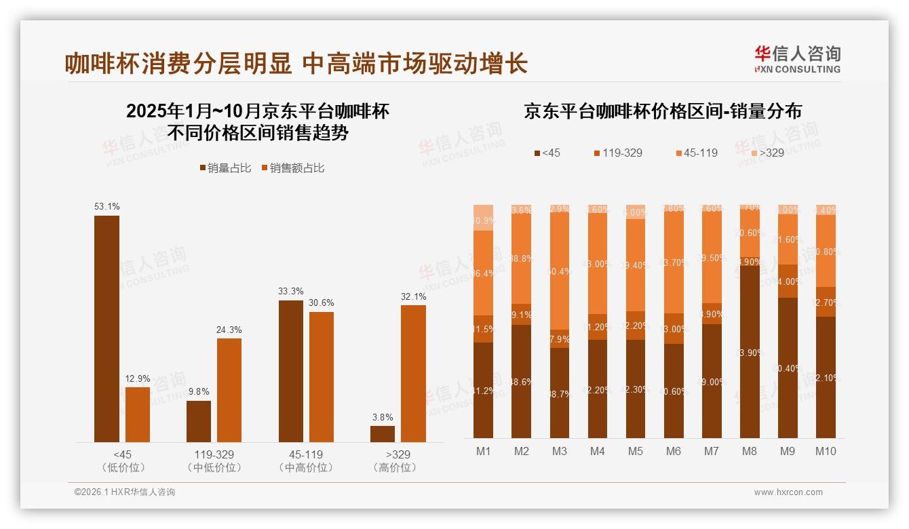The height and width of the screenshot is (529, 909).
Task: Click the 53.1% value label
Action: [107, 206]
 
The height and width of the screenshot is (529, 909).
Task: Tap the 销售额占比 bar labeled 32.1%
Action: [413, 374]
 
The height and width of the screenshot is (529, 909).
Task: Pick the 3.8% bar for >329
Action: [383, 434]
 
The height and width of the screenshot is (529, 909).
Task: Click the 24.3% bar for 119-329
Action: [229, 390]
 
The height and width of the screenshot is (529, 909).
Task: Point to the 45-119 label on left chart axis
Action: [306, 454]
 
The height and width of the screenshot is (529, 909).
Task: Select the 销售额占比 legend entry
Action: [292, 168]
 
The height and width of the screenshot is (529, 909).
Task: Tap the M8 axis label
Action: [750, 452]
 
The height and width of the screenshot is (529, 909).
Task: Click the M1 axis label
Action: [483, 452]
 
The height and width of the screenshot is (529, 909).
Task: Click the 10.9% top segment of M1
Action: [483, 218]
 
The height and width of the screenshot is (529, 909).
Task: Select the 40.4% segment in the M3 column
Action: [560, 271]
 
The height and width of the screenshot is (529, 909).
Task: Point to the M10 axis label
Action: [826, 452]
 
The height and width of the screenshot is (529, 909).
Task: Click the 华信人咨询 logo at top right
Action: [797, 59]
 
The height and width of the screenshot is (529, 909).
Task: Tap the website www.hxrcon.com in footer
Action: [788, 492]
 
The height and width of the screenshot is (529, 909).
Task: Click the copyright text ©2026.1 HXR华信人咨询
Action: [124, 492]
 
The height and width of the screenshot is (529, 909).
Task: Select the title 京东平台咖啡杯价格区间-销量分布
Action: [662, 111]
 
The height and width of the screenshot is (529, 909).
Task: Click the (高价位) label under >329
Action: [398, 468]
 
